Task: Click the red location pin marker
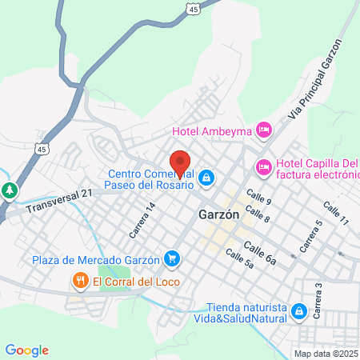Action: coord(180,162)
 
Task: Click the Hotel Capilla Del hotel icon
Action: coord(262,167)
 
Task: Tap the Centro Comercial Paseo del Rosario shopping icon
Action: coord(206,178)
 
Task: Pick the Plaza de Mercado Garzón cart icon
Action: coord(171,258)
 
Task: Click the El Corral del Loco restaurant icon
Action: coord(80,281)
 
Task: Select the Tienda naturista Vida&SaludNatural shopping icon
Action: coord(298,310)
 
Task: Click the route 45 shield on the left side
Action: coord(42,148)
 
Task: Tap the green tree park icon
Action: coord(10,190)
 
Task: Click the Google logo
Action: coord(27,350)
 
